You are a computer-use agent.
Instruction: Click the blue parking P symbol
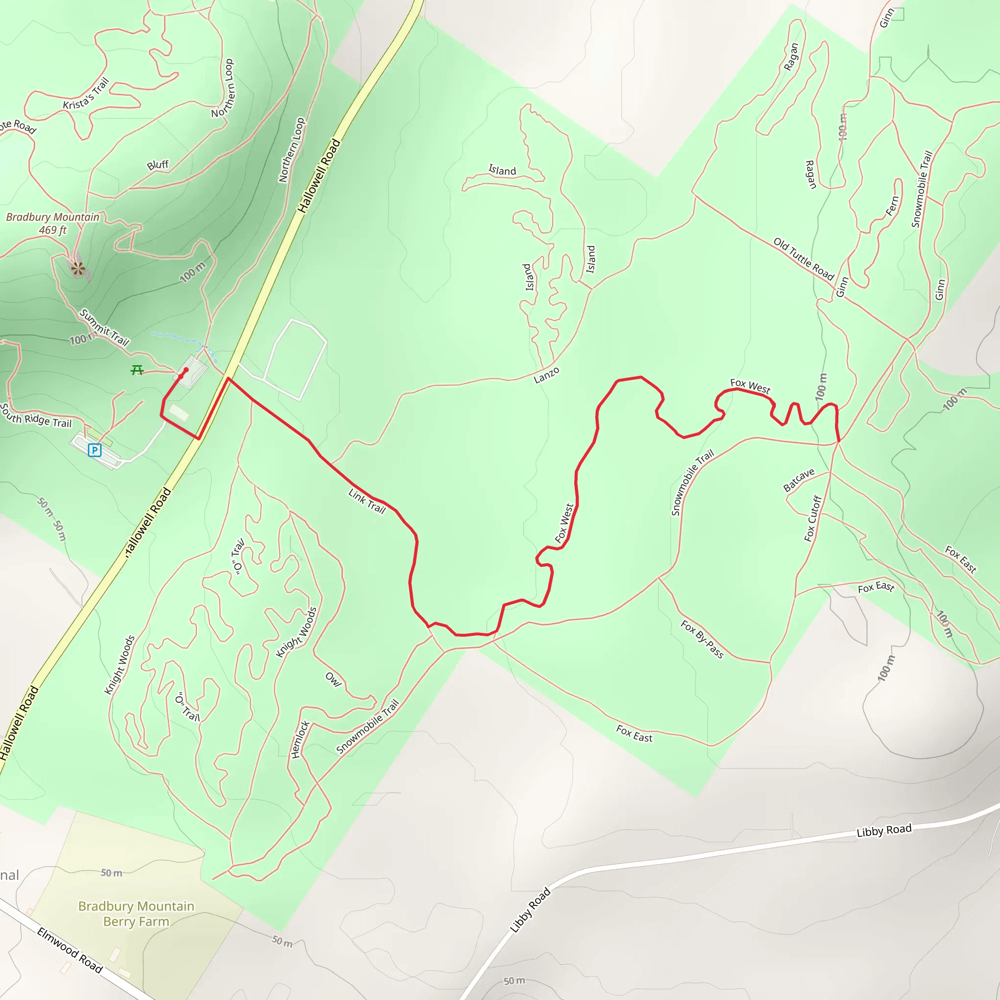pyautogui.click(x=94, y=450)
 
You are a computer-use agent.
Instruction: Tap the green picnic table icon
pyautogui.click(x=137, y=370)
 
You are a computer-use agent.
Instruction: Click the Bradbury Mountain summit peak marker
pyautogui.click(x=78, y=268)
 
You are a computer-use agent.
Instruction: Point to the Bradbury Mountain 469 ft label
pyautogui.click(x=52, y=223)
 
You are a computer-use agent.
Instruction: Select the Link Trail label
pyautogui.click(x=367, y=501)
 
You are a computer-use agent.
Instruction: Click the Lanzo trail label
pyautogui.click(x=546, y=375)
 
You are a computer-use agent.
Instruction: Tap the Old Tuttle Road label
pyautogui.click(x=803, y=259)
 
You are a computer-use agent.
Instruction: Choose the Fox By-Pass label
pyautogui.click(x=702, y=639)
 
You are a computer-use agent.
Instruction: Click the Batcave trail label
pyautogui.click(x=799, y=480)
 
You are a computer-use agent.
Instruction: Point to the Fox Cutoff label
pyautogui.click(x=813, y=519)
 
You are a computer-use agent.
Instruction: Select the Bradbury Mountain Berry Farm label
pyautogui.click(x=136, y=914)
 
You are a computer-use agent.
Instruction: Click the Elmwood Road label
pyautogui.click(x=70, y=950)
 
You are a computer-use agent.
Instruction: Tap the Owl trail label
pyautogui.click(x=333, y=680)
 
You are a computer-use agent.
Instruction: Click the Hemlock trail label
pyautogui.click(x=300, y=740)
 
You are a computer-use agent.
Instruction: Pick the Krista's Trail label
pyautogui.click(x=86, y=94)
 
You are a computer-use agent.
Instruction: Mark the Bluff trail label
pyautogui.click(x=158, y=165)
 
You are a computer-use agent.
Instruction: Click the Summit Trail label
pyautogui.click(x=104, y=327)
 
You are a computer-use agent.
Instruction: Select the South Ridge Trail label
pyautogui.click(x=36, y=415)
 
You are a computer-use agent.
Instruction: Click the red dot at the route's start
pyautogui.click(x=186, y=370)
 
